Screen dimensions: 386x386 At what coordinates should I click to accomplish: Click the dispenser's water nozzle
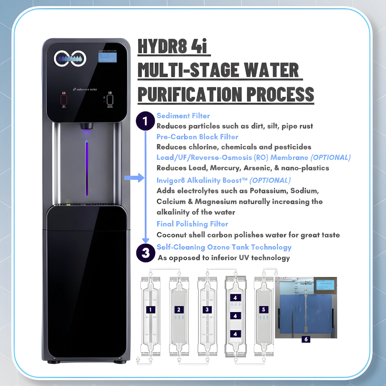[86, 126]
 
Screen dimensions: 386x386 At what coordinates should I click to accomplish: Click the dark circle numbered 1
[145, 121]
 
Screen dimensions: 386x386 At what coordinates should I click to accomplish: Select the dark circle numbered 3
[145, 253]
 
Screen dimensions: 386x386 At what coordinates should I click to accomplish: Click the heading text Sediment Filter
[183, 116]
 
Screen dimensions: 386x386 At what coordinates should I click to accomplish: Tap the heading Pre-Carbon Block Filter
[197, 137]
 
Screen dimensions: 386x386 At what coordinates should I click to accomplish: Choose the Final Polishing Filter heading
[192, 224]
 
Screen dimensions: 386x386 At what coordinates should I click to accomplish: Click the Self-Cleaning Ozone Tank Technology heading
[224, 247]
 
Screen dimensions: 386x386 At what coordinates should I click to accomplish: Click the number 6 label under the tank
[306, 339]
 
